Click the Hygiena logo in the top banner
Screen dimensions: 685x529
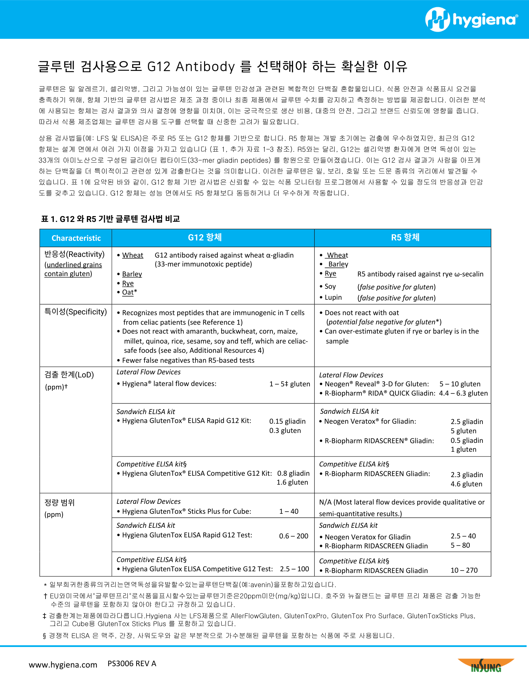coord(471,20)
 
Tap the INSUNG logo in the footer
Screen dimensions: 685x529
coord(486,666)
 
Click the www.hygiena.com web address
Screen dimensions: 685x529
coord(63,665)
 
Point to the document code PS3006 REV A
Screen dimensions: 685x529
coord(132,664)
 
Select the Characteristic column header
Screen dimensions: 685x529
coord(76,238)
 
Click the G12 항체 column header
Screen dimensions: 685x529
coord(205,237)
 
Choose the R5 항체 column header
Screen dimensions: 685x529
coord(405,237)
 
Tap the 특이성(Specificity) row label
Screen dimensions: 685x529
coord(75,312)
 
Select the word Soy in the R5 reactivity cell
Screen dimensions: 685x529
coord(330,286)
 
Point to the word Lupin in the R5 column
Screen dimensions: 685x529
coord(333,297)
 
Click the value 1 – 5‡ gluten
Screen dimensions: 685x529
coord(290,384)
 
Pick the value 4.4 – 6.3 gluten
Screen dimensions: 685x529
coord(463,393)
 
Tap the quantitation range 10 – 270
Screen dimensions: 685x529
coord(464,570)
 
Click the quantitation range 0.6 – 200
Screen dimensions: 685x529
coord(293,536)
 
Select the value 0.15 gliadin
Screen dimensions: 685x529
coord(287,421)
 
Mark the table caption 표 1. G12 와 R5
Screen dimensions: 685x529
coord(110,219)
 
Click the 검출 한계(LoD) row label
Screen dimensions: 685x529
coord(69,375)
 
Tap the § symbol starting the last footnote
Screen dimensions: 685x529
coord(45,636)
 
